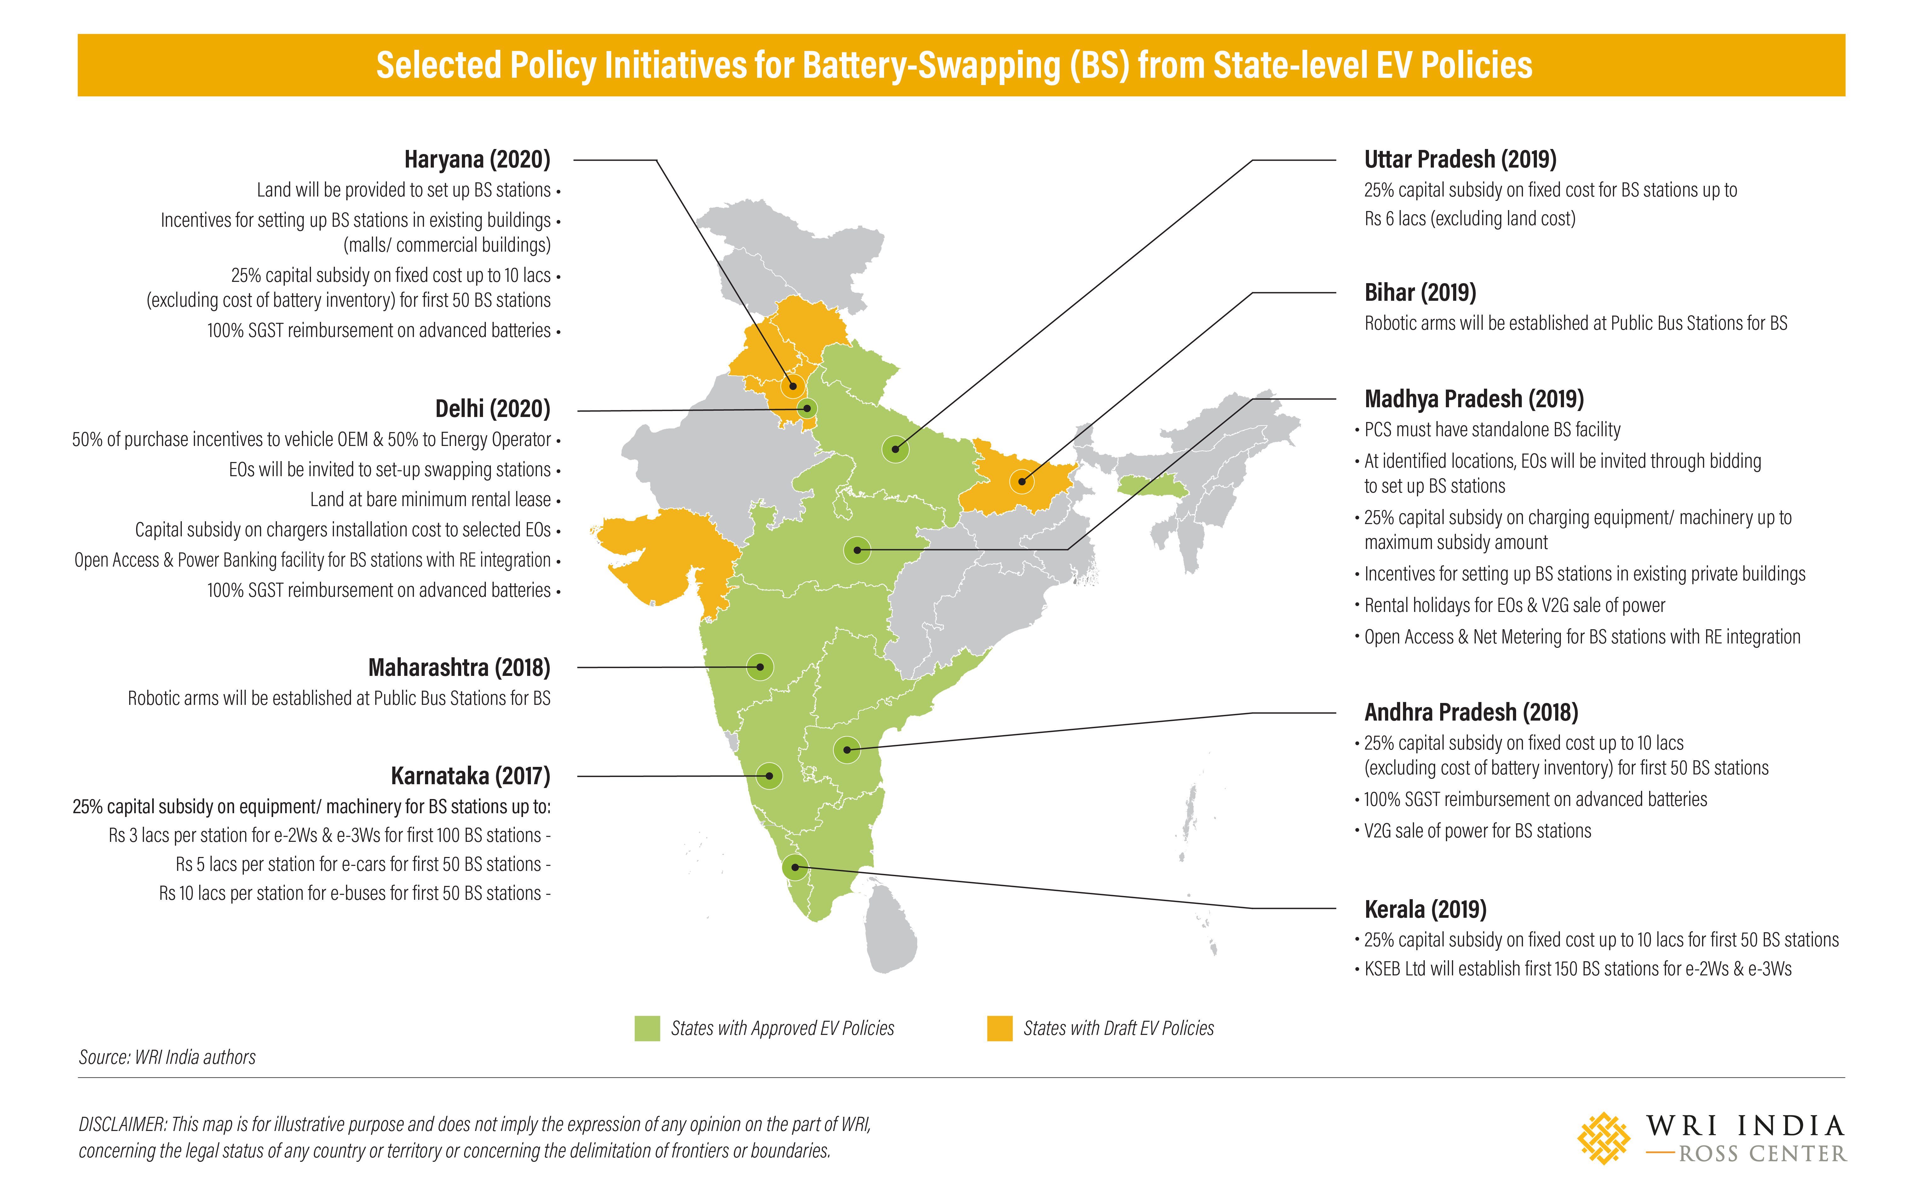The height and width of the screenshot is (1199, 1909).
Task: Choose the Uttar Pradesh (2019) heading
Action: tap(1460, 159)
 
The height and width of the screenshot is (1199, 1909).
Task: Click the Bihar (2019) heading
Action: tap(1420, 292)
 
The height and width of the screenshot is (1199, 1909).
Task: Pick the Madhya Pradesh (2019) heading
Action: tap(1474, 399)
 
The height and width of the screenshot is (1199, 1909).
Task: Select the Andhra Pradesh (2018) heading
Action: tap(1471, 712)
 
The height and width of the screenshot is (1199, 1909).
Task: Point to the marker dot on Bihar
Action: tap(1022, 481)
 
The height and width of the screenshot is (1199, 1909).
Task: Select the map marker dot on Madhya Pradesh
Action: tap(857, 550)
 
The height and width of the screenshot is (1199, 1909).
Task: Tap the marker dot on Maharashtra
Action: tap(760, 667)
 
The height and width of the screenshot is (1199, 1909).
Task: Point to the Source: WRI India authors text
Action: tap(167, 1057)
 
